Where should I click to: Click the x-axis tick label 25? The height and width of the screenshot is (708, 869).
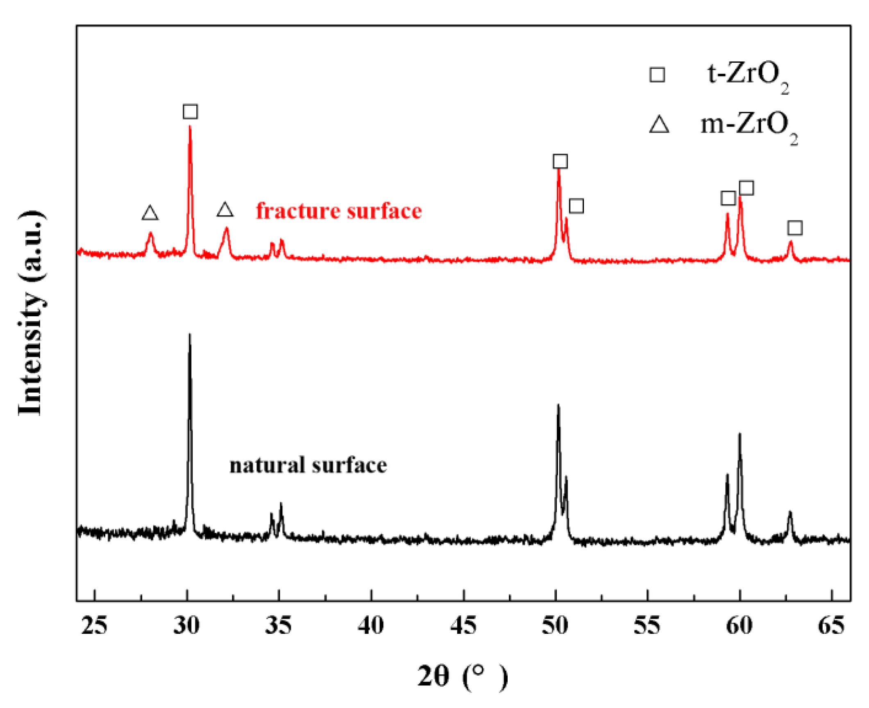pos(94,626)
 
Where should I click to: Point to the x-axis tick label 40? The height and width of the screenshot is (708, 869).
pos(371,626)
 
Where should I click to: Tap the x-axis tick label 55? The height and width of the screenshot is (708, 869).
pos(647,626)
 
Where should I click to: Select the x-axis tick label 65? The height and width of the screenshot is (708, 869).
pos(831,626)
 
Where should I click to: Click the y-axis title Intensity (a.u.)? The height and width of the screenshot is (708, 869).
pos(31,313)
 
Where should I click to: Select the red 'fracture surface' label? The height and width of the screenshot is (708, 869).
pos(339,211)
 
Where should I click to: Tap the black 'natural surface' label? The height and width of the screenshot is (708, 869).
pos(308,465)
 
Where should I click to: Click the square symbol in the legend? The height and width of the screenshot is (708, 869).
pos(657,75)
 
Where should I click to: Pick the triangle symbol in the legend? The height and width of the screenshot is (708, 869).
pos(659,125)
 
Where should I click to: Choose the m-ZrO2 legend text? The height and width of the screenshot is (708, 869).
pos(749,127)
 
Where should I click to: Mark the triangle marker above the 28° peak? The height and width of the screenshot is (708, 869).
pos(150,213)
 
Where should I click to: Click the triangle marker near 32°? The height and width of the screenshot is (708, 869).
pos(225,210)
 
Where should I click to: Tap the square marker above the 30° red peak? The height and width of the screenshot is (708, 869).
pos(190,111)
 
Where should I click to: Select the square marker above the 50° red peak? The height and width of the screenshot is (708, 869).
pos(560,161)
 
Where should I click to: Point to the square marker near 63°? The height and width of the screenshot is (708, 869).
pos(795,228)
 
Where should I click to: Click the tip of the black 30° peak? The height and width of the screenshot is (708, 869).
pos(189,335)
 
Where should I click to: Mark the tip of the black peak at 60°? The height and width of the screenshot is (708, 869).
pos(740,434)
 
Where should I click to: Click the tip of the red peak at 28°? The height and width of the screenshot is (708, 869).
pos(150,233)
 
